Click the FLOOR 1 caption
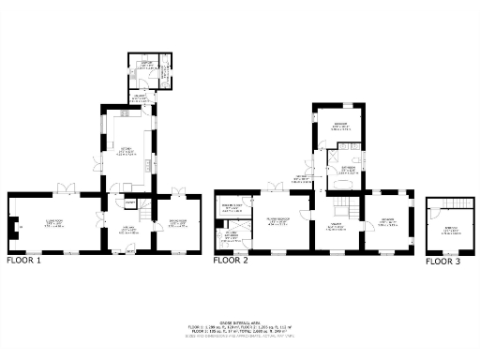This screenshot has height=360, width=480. click(x=24, y=262)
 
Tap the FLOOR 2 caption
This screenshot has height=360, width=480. click(x=230, y=262)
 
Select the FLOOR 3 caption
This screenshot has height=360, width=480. click(x=443, y=262)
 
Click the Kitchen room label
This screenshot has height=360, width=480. click(x=123, y=150)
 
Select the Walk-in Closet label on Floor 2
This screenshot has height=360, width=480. click(x=232, y=207)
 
